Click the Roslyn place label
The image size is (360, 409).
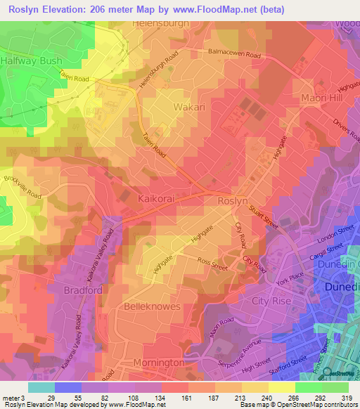click(234, 200)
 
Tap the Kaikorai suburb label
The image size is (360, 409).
click(158, 199)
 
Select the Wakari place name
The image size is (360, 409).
click(188, 107)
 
